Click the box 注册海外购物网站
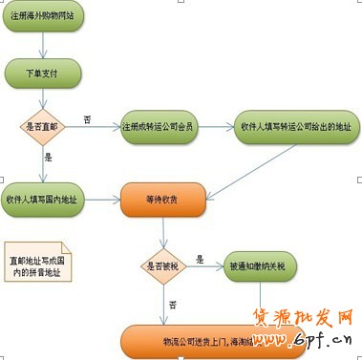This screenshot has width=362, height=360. (x=43, y=18)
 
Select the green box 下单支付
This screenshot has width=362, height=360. (x=43, y=72)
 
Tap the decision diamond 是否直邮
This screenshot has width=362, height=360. (x=43, y=126)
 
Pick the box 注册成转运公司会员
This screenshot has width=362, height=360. (x=159, y=126)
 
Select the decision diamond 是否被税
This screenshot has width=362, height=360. (x=162, y=265)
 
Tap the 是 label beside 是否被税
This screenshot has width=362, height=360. (x=199, y=258)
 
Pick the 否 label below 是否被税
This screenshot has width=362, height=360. (x=173, y=304)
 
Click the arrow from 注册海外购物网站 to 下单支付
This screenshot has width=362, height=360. (x=43, y=45)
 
